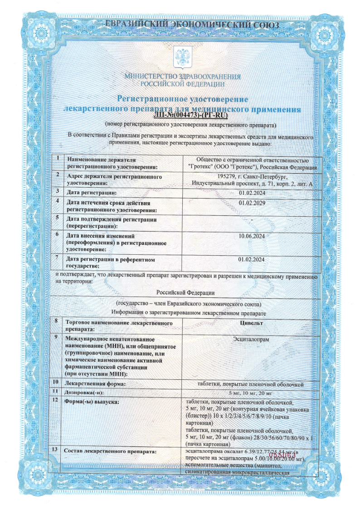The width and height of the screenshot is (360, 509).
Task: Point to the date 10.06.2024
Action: [x=251, y=236]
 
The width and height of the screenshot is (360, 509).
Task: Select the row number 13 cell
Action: [x=56, y=450]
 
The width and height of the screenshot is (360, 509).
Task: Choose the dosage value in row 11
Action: [x=251, y=393]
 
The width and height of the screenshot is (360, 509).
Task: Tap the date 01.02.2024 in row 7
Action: [x=251, y=259]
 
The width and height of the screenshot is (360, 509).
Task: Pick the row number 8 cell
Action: [x=56, y=321]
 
